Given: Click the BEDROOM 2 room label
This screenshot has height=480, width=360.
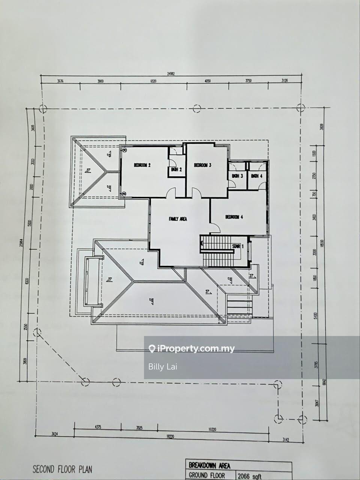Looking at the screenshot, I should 142,165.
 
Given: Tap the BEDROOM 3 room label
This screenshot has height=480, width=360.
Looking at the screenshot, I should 203,165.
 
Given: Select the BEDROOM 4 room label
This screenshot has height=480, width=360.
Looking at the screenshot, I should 234,217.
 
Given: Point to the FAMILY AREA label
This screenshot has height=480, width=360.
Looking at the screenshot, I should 178,219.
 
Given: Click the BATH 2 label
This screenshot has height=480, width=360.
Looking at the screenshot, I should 176,169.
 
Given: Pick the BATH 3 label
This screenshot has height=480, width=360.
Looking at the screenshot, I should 237,176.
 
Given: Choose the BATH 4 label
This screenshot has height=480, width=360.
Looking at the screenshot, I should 257,176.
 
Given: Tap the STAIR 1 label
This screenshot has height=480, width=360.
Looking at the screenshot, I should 238,246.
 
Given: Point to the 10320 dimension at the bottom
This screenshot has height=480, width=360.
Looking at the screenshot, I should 213,428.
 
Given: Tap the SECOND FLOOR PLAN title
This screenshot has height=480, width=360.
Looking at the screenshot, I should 62,469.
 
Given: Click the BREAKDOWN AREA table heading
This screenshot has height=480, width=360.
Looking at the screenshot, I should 210,466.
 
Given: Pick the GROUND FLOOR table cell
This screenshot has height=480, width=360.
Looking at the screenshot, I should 207,476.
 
